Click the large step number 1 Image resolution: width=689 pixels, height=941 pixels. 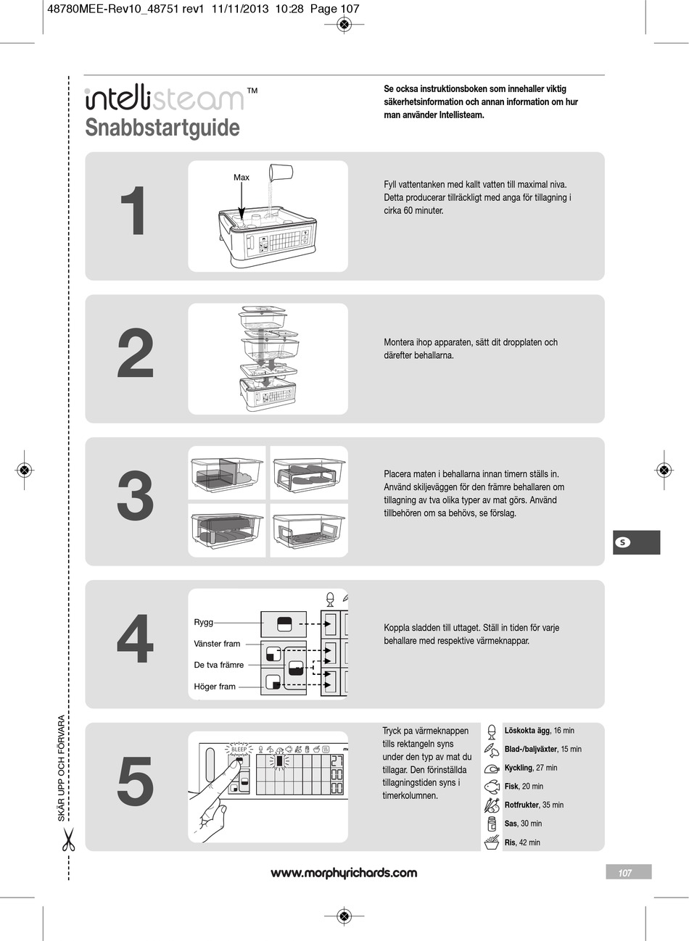coord(133,210)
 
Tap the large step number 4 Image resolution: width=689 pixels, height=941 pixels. coord(135,639)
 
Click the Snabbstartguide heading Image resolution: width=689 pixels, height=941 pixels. coord(162,128)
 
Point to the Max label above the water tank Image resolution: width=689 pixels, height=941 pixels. coord(242,178)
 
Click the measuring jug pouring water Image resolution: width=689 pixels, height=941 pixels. coord(280,171)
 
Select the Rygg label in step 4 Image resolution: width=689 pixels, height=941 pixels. coord(204,622)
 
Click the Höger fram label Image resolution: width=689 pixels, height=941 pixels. coord(215,687)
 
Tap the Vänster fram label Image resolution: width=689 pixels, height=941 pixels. coord(217,644)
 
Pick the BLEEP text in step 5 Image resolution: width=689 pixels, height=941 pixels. coord(239,750)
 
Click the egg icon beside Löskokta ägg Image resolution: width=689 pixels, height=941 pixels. coord(491,731)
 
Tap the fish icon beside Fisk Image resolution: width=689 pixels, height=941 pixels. coord(492,787)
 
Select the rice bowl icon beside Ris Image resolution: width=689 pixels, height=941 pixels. coord(492,842)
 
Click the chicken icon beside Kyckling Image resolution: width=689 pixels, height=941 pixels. coord(492,768)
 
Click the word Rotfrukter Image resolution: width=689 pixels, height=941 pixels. coord(521,805)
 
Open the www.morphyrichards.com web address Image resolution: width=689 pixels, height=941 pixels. coord(344,874)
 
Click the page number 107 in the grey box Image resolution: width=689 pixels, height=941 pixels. coord(624,874)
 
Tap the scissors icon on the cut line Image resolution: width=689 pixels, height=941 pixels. coord(68,840)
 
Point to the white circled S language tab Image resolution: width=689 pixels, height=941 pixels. coord(622,542)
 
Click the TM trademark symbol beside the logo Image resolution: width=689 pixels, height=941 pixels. coord(252,91)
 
